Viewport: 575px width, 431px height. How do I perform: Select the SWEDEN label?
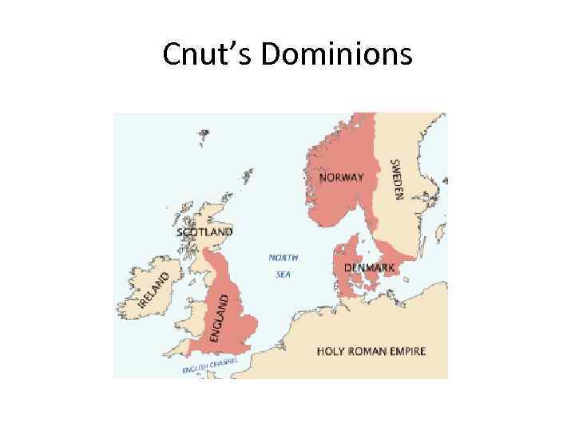(395, 180)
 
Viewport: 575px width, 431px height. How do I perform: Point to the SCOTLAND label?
(204, 232)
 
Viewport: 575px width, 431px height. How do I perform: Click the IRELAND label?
(154, 290)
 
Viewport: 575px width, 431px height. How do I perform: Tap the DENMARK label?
(369, 268)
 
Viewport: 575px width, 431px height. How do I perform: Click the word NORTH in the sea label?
(284, 258)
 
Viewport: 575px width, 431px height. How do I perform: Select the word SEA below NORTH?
(284, 275)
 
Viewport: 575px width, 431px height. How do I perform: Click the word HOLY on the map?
(331, 351)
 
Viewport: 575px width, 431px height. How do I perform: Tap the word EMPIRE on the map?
(408, 351)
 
